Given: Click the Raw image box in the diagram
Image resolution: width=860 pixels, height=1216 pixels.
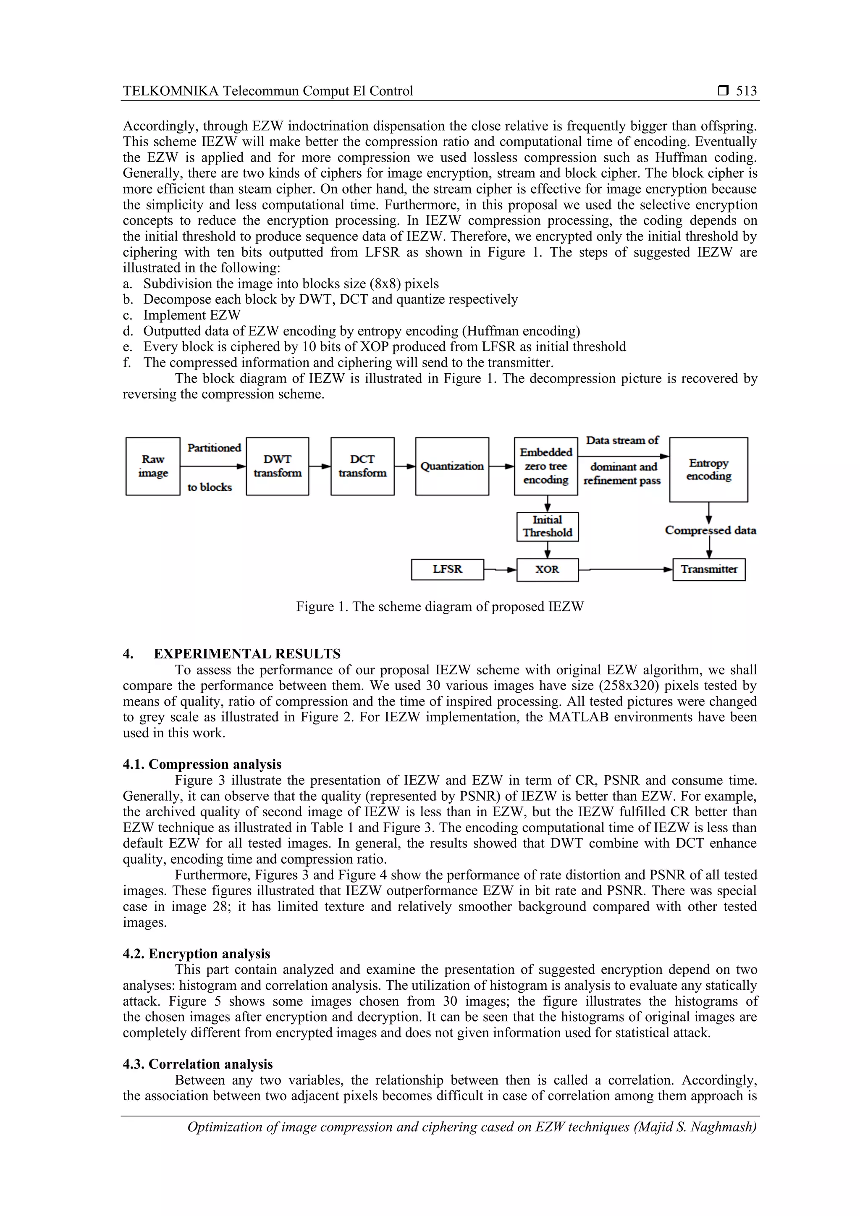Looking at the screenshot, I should [152, 466].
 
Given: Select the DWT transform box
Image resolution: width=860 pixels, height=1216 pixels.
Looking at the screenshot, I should [278, 466].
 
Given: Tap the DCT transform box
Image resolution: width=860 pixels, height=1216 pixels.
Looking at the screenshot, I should [362, 466].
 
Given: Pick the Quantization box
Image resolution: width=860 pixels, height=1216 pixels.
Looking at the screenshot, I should [452, 466].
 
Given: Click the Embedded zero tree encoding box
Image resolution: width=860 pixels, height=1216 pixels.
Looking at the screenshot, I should [545, 466].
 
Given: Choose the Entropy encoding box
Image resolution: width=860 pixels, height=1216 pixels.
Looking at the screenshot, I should [708, 469].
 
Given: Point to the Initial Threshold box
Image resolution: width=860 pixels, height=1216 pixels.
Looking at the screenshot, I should [547, 527].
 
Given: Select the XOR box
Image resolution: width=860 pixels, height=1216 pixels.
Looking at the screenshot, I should [547, 570].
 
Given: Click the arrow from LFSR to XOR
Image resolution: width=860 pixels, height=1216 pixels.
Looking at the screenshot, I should [501, 570].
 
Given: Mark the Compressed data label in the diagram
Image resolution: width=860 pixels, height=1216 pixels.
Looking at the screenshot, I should [710, 530].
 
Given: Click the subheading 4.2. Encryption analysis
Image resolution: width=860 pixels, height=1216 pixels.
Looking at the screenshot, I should [197, 954].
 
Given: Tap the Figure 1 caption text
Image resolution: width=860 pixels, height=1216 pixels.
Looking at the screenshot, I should [440, 607].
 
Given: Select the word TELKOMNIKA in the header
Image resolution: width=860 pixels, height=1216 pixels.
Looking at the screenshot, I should [170, 91].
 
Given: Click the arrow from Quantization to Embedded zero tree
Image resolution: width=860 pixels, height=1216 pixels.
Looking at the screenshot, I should [501, 466].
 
